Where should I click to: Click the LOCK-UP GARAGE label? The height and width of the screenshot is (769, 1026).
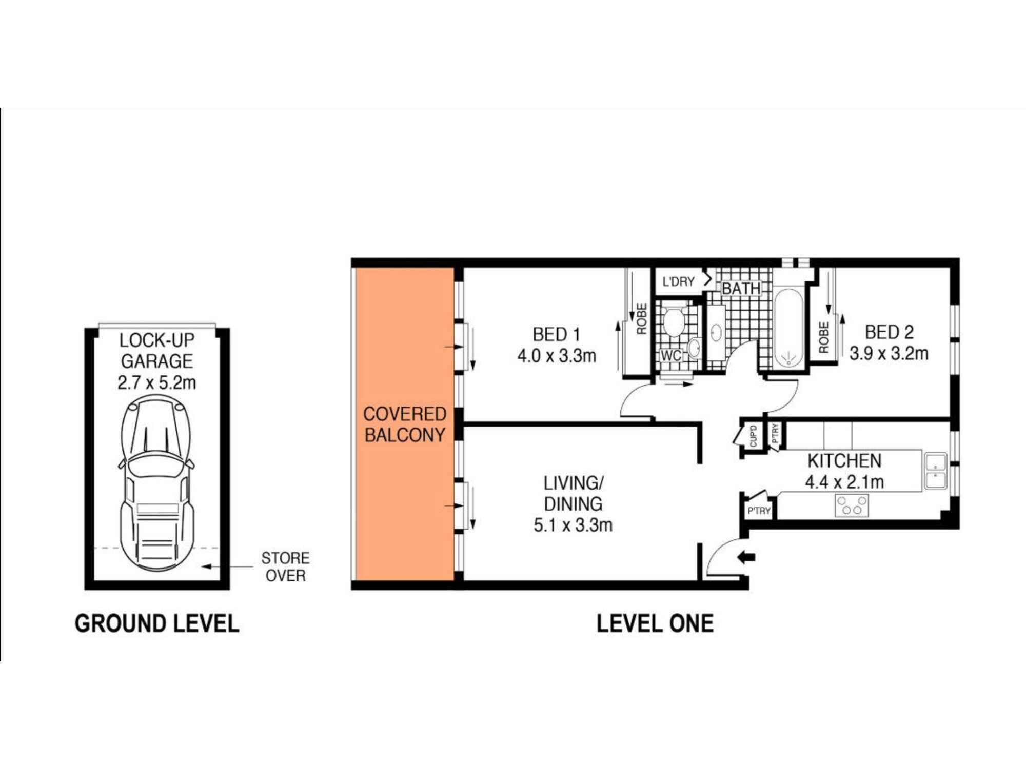tap(156, 351)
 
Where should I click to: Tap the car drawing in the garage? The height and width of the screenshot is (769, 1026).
tap(156, 484)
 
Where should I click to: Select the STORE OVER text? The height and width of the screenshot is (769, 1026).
tap(285, 566)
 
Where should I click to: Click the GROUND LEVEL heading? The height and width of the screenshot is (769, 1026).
tap(157, 624)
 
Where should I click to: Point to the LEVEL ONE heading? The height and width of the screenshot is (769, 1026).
tap(655, 624)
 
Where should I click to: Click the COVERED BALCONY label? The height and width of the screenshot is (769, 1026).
tap(404, 424)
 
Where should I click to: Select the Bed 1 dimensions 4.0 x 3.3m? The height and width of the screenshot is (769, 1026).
tap(557, 356)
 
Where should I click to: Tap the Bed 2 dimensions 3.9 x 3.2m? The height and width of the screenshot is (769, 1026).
tap(889, 354)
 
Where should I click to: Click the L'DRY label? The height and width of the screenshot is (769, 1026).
tap(678, 281)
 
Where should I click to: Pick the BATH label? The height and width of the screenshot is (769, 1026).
tap(741, 289)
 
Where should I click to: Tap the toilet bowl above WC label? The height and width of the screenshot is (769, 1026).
tap(674, 322)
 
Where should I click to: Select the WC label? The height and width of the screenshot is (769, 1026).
tap(670, 355)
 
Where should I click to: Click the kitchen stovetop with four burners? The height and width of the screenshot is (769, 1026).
tap(852, 505)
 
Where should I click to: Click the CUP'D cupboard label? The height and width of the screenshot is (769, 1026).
tap(753, 436)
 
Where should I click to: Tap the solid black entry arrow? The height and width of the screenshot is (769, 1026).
tap(746, 557)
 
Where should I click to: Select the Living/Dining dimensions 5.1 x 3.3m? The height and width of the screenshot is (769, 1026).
tap(573, 525)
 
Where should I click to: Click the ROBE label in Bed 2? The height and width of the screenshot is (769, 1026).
tap(824, 337)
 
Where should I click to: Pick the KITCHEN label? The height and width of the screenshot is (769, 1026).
tap(844, 461)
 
